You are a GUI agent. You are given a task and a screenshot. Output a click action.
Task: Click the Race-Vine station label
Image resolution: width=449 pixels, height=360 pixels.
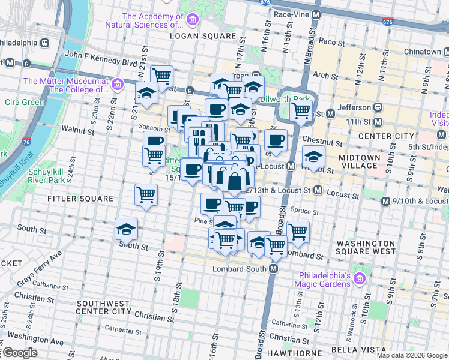click(291, 13)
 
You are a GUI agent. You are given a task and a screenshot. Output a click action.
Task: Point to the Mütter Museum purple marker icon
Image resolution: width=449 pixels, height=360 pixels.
click(117, 84)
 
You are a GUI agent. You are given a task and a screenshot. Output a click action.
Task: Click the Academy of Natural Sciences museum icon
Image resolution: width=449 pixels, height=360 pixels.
click(192, 20)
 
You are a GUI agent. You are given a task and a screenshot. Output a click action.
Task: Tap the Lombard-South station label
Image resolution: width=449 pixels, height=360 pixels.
click(240, 269)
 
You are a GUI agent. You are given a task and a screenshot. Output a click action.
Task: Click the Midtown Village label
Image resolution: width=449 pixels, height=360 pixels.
click(360, 161)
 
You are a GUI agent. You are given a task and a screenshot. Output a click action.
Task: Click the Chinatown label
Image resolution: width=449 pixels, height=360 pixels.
click(422, 52)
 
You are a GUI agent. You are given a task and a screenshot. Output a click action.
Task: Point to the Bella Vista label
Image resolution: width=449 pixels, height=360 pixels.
click(356, 349)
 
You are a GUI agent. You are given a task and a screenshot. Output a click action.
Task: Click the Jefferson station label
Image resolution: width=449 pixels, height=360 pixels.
click(354, 107)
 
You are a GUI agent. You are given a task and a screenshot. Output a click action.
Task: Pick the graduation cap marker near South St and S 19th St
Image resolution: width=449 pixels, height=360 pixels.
click(127, 229)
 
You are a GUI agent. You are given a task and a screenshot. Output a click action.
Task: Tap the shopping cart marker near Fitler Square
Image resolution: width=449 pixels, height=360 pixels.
click(146, 194)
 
